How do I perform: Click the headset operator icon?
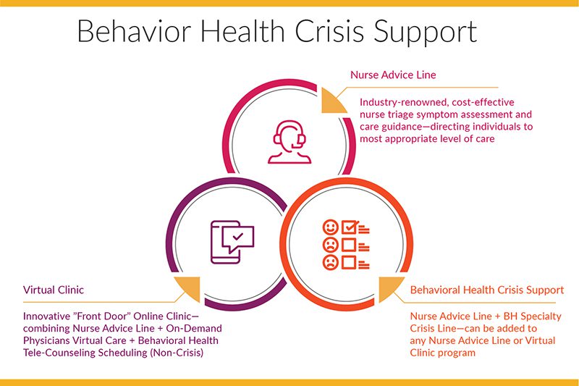(290, 142)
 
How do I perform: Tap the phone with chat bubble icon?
(232, 242)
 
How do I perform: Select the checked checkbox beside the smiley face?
(350, 227)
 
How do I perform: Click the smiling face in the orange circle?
(330, 227)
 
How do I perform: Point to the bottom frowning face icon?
(330, 262)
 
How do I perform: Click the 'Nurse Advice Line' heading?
(393, 75)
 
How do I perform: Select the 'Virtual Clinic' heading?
(54, 290)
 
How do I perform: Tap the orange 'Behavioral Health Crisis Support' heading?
(487, 290)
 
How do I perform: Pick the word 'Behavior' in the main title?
(134, 31)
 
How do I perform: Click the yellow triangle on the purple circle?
(190, 288)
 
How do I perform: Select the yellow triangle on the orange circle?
(389, 288)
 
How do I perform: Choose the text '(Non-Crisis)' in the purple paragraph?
(177, 353)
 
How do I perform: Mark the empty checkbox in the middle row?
(349, 245)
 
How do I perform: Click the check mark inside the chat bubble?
(238, 236)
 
